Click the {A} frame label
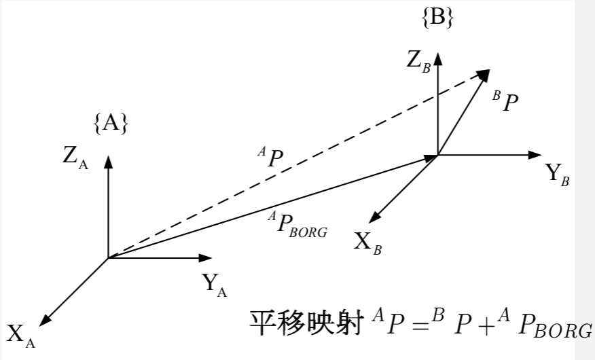[x=111, y=123]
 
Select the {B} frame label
[x=437, y=18]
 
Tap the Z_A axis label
[x=75, y=157]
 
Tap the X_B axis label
[x=367, y=242]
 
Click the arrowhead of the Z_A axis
[x=108, y=161]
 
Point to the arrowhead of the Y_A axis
[x=206, y=258]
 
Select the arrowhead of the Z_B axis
[x=438, y=57]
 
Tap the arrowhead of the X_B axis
[x=374, y=218]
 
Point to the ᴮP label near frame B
[x=506, y=102]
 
